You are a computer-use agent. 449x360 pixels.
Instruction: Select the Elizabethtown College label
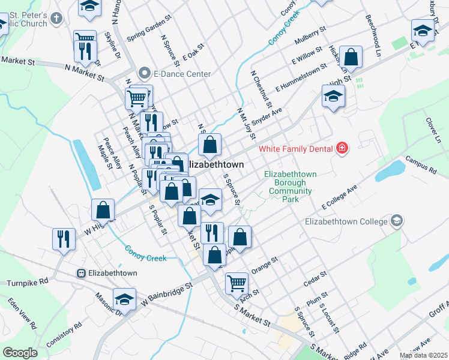click(346, 221)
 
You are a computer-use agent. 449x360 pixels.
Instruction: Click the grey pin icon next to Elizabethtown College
click(396, 221)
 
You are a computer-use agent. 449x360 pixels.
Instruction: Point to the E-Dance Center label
click(182, 74)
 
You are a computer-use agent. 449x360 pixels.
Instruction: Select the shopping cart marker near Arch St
click(237, 282)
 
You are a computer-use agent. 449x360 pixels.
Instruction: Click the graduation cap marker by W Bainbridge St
click(124, 298)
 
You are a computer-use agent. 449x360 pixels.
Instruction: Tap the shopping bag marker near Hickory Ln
click(351, 58)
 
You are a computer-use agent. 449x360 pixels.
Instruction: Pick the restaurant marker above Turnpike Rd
click(63, 238)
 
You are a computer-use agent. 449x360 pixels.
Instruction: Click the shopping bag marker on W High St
click(103, 210)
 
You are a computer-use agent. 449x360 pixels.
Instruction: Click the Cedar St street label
click(315, 278)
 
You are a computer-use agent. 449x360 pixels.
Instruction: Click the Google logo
click(20, 353)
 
